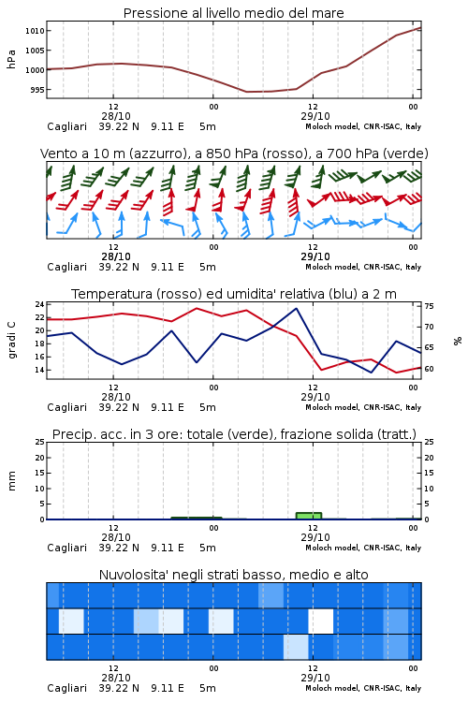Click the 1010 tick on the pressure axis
35,31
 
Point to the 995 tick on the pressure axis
37,90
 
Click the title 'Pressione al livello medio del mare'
234,13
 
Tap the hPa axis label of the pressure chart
11,59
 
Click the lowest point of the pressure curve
247,92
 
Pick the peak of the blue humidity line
296,309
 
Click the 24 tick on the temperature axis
39,304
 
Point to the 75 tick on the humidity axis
429,306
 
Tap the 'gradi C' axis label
11,340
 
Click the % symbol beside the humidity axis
458,341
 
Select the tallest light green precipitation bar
309,516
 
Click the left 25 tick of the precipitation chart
39,442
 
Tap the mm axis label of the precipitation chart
11,481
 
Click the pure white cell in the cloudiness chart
321,621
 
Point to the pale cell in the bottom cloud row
296,647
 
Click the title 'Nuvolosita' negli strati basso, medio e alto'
234,575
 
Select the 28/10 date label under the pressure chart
116,116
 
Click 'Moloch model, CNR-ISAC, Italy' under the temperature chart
363,407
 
